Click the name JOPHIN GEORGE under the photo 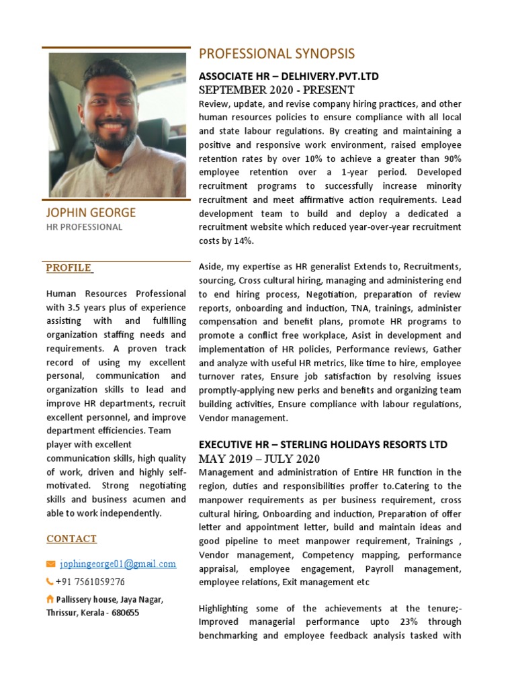coord(91,213)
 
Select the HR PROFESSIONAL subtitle coord(84,227)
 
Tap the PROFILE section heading coord(69,268)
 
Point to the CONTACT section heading coord(71,539)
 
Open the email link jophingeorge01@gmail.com coord(118,564)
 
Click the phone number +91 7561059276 coord(90,582)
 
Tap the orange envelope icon coord(50,564)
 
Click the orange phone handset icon coord(50,582)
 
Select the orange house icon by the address coord(50,599)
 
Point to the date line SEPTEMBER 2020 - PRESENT coord(277,90)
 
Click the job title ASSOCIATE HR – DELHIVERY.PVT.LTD coord(288,77)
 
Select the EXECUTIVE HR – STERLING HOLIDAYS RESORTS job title coord(323,445)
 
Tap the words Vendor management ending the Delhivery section coord(243,418)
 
